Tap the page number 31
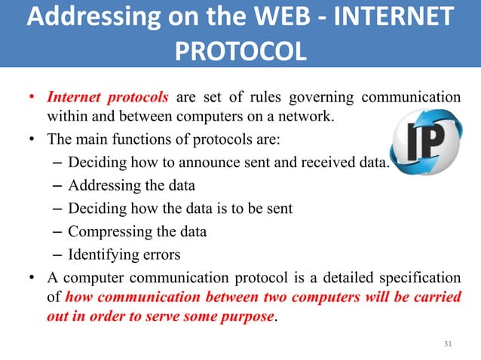[448, 344]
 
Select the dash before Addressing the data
[59, 185]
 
